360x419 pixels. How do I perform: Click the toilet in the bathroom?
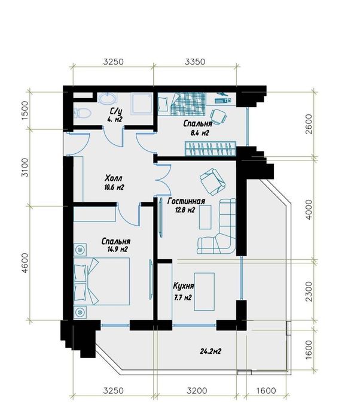point(83,113)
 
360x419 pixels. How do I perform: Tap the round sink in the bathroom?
point(108,98)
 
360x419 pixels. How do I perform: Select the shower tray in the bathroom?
point(141,104)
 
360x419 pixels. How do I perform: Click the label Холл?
point(114,178)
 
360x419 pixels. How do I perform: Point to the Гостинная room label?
point(186,201)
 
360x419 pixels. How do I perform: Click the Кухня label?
point(184,286)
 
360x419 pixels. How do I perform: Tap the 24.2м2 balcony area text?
point(210,351)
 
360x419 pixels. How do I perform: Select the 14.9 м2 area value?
point(117,250)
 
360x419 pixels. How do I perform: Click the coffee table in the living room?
point(205,217)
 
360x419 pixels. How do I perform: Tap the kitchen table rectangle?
point(205,292)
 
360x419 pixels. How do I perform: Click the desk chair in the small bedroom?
point(218,117)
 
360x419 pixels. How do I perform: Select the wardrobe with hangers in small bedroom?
point(210,148)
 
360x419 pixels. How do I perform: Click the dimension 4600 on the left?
point(25,263)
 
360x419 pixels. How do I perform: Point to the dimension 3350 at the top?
point(195,62)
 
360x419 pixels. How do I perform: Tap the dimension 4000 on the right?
point(309,209)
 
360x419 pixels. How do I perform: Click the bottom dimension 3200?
point(197,391)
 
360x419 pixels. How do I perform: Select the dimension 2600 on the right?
point(309,124)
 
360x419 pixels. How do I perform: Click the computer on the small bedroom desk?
point(223,98)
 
